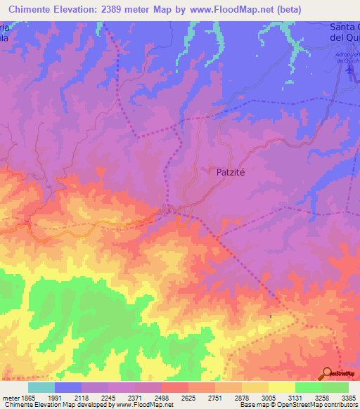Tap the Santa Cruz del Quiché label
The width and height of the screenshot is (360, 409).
coord(345,32)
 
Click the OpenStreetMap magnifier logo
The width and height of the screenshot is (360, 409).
coord(327,373)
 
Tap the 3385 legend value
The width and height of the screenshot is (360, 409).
coord(348,397)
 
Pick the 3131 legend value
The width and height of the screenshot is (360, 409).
coord(295,397)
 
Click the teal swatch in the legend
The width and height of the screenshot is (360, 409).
coord(41,387)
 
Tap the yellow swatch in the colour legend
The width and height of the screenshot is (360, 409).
coord(281,387)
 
